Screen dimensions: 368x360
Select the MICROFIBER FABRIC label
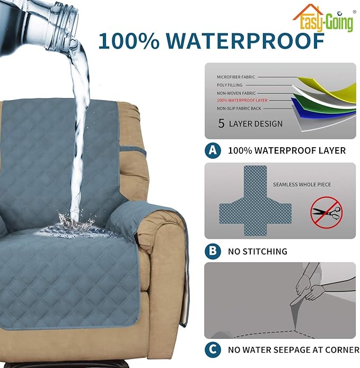click(236, 77)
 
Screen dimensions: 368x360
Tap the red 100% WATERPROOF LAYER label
click(242, 100)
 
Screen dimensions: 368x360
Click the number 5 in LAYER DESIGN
click(221, 124)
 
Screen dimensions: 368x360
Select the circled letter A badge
click(213, 150)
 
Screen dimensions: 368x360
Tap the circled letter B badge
click(213, 251)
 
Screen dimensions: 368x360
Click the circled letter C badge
click(213, 350)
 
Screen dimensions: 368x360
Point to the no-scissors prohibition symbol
click(326, 213)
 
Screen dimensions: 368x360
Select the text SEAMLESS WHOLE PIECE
click(302, 184)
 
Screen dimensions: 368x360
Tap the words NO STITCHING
click(258, 251)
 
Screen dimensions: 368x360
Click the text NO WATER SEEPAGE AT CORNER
click(293, 350)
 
